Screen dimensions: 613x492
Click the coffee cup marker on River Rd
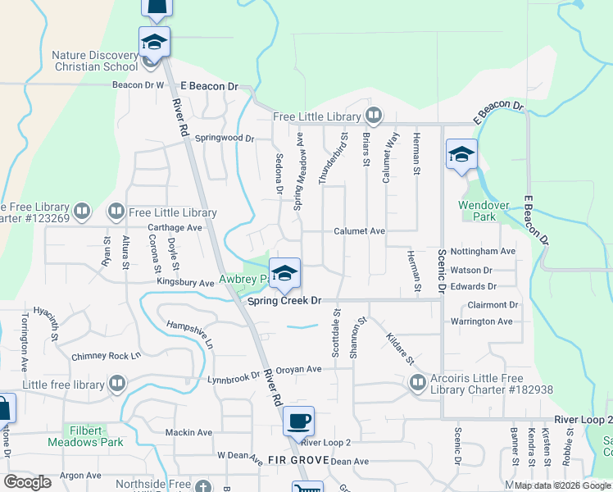point(298,421)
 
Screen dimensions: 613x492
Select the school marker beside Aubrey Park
point(284,273)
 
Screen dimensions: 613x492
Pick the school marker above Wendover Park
point(461,153)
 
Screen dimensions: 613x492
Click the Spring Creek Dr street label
point(284,302)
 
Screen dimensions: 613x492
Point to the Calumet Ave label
point(359,232)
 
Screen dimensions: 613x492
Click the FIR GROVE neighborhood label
point(298,461)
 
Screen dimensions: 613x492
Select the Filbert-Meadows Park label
point(93,435)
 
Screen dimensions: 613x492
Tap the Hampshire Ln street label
point(189,334)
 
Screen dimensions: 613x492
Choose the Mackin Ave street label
point(188,432)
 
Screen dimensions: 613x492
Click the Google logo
point(27,482)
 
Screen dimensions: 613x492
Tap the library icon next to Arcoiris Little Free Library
point(418,382)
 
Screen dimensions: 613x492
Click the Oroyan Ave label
point(298,369)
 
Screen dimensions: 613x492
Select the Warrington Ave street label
point(481,321)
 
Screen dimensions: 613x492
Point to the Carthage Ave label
point(175,227)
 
